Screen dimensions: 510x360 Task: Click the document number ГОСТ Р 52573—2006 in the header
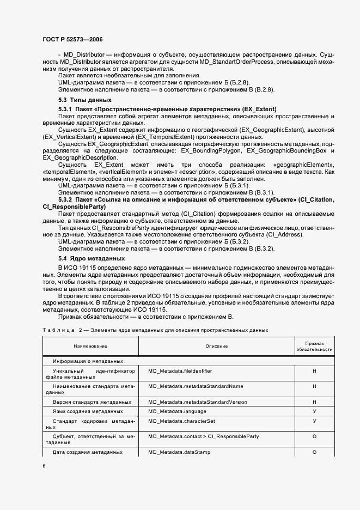72,40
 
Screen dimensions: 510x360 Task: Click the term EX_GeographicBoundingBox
285,150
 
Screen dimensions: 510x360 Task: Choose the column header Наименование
90,347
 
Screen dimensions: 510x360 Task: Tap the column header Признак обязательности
314,347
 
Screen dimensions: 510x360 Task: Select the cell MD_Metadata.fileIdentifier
180,371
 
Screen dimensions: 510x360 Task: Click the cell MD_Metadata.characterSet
180,421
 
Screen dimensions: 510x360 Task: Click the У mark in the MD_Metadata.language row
314,411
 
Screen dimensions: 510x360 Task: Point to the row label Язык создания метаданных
88,411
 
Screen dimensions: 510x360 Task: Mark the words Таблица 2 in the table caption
61,330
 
